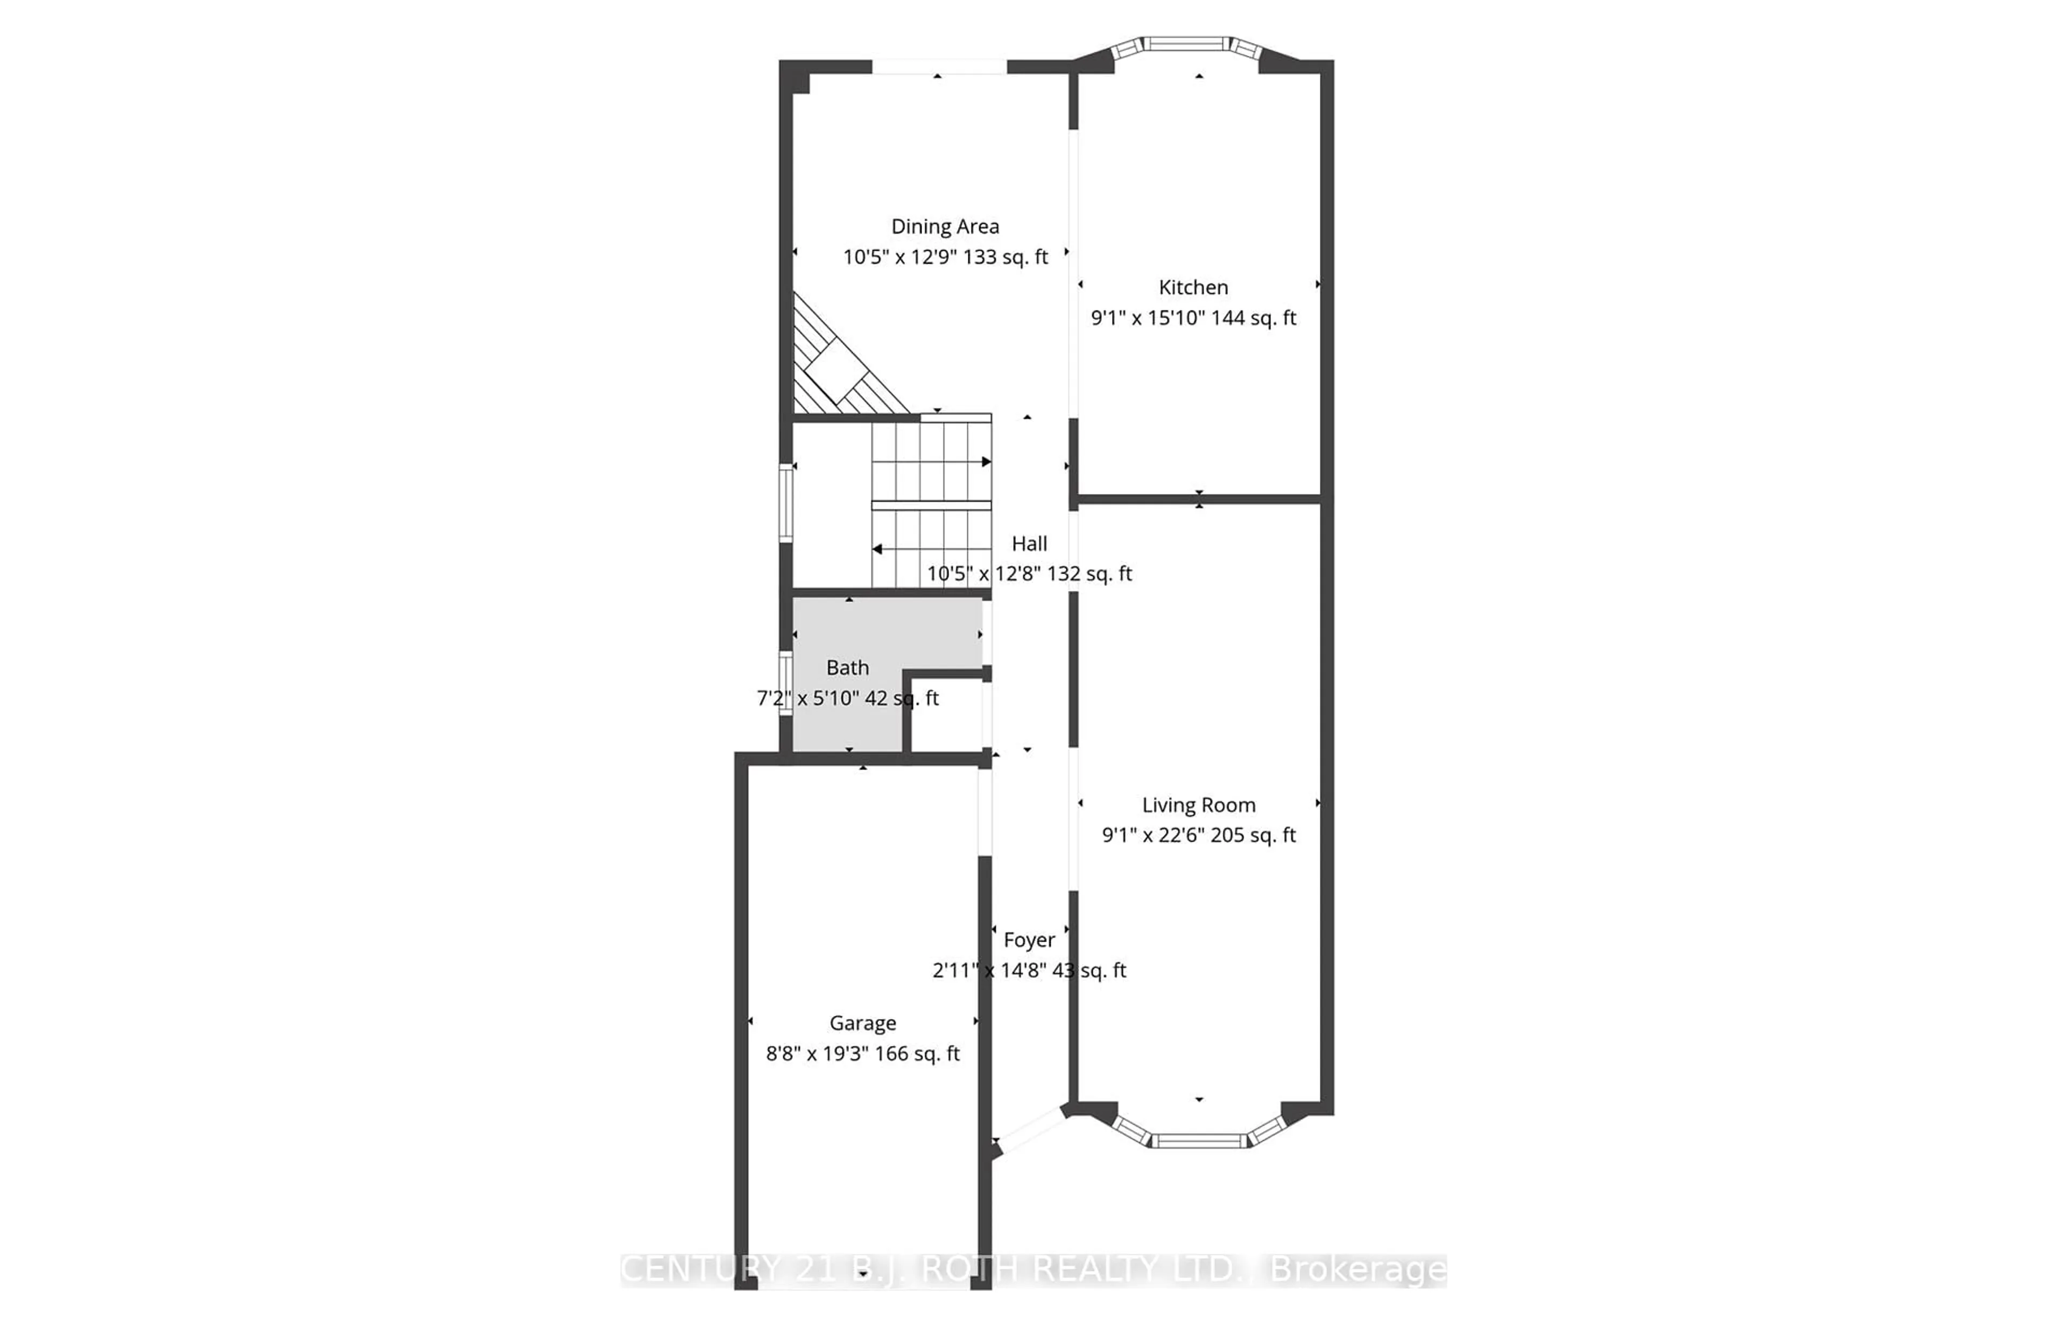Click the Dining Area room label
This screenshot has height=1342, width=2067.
point(945,227)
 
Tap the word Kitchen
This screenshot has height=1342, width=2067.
point(1193,287)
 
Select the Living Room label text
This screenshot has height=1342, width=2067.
point(1199,806)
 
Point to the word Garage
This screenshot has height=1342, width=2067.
point(862,1023)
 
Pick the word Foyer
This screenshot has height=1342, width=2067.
point(1029,940)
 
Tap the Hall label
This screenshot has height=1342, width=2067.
point(1029,544)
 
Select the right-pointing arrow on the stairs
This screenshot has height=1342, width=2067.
point(985,462)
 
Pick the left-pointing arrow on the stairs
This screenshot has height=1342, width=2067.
point(878,549)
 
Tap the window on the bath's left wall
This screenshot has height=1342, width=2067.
point(785,683)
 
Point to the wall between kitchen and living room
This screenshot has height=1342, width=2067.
point(1199,499)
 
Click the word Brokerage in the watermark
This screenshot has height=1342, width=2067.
point(1358,1270)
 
